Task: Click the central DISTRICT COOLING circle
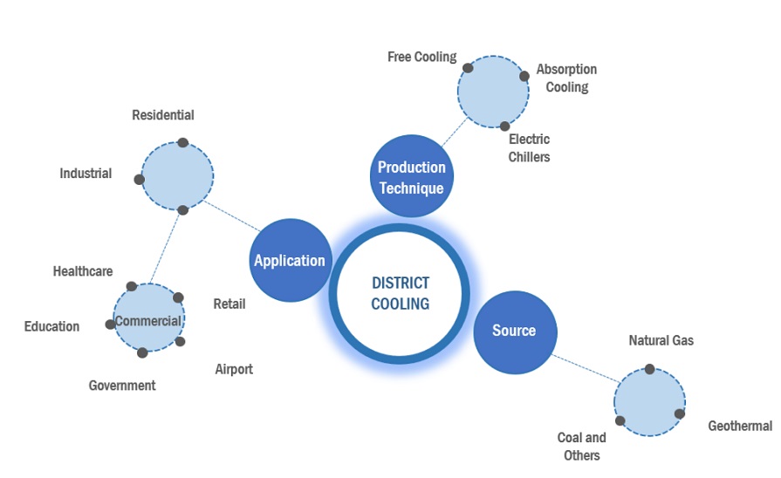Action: click(x=400, y=294)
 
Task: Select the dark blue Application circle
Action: click(x=290, y=260)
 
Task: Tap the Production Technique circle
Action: click(x=411, y=177)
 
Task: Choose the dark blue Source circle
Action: click(x=514, y=331)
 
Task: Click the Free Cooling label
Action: click(x=421, y=57)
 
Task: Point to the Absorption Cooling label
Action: click(x=566, y=78)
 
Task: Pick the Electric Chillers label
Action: click(x=530, y=147)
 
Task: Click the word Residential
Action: click(x=163, y=115)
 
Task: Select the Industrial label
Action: click(x=86, y=174)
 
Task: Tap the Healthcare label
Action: click(x=83, y=271)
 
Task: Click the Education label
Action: click(x=51, y=326)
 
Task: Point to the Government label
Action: click(x=122, y=386)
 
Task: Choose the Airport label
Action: click(x=234, y=369)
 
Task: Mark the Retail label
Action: click(x=230, y=304)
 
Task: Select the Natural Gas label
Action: click(x=661, y=340)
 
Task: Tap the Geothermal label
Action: click(x=740, y=426)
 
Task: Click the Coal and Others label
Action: click(x=581, y=446)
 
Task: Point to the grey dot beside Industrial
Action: click(x=140, y=180)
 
